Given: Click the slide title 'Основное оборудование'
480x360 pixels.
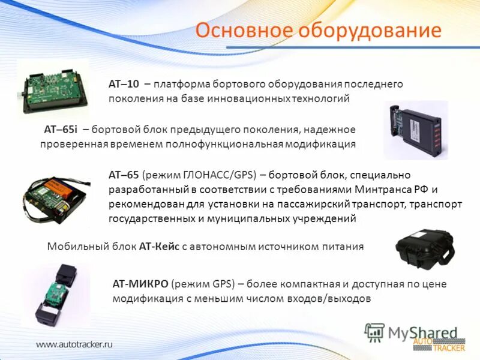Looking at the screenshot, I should click(x=318, y=30).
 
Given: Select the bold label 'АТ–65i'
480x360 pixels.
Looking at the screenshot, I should click(x=61, y=130).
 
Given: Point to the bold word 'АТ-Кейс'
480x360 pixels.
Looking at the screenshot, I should click(x=159, y=246).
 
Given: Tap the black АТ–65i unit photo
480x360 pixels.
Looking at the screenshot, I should click(x=416, y=130).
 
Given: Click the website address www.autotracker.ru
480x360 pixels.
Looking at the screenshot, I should click(x=74, y=344).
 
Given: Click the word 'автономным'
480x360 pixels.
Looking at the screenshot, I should click(x=221, y=246).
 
